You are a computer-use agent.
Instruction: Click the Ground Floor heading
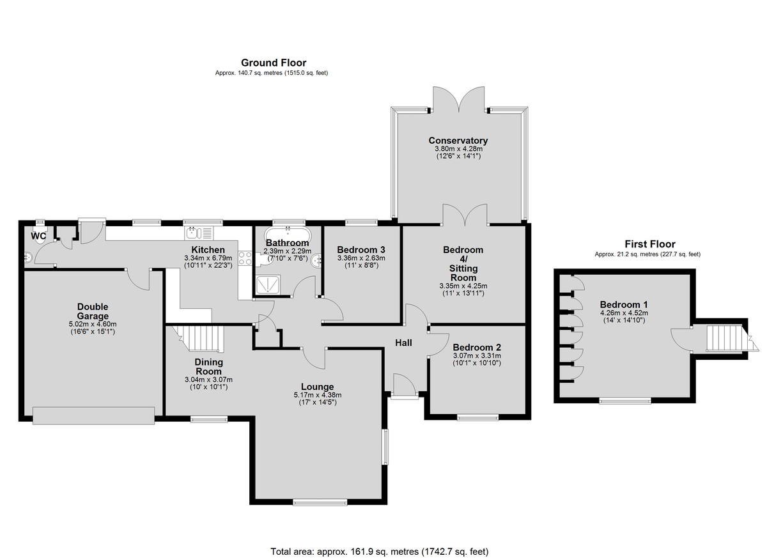(274, 63)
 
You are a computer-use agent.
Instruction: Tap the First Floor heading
(650, 244)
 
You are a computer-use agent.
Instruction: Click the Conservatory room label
(458, 141)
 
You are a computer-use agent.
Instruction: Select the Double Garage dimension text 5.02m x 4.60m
(93, 324)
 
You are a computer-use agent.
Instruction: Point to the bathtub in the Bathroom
(288, 235)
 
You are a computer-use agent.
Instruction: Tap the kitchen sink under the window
(199, 233)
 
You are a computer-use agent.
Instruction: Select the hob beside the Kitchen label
(245, 258)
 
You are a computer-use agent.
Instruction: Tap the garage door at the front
(93, 415)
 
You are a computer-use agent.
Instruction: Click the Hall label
(403, 343)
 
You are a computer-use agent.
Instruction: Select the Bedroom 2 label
(477, 348)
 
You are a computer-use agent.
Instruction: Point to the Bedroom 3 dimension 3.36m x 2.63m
(361, 258)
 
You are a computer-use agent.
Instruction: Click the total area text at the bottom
(380, 542)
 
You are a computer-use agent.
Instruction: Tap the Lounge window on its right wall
(385, 446)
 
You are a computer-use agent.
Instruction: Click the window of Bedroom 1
(625, 400)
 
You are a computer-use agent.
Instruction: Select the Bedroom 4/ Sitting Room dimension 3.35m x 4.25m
(463, 286)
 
